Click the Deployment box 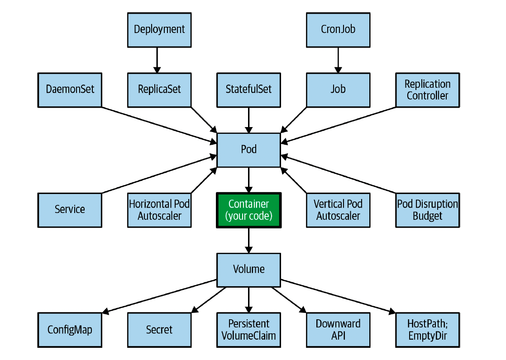coord(159,30)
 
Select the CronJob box coord(338,30)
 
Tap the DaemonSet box coord(70,90)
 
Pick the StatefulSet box coord(249,90)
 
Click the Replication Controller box coord(428,90)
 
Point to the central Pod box coord(249,150)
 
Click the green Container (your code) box coord(249,210)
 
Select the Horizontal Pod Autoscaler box coord(159,210)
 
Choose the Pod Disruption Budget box coord(428,210)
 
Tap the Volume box coord(249,270)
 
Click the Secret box coord(159,330)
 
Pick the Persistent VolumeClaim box coord(249,330)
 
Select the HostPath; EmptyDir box coord(428,330)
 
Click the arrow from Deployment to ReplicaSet coord(157,60)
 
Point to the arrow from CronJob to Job coord(338,60)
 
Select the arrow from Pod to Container coord(249,180)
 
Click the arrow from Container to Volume coord(249,241)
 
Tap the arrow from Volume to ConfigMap coord(159,296)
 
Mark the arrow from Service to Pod coord(159,175)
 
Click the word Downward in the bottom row coord(338,323)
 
